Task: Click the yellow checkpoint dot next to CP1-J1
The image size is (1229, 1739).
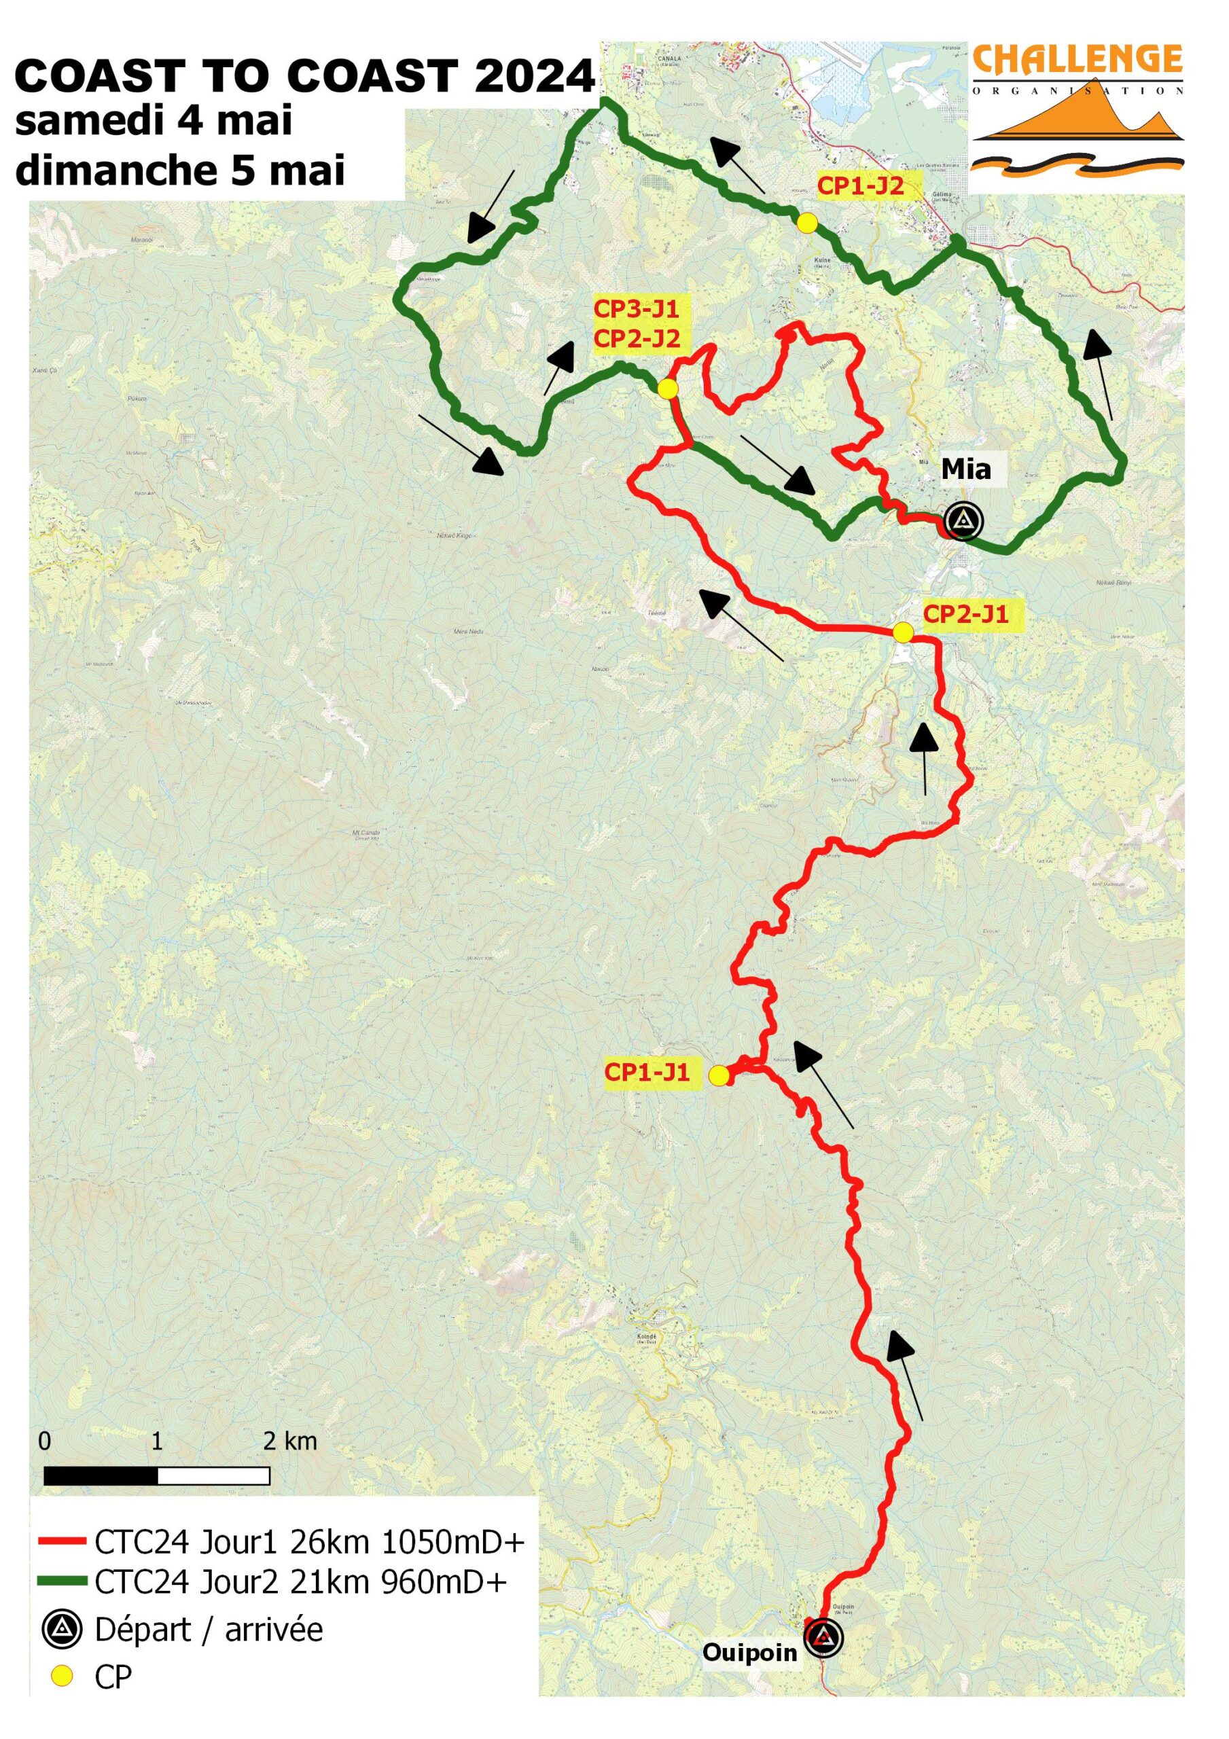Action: (x=718, y=1075)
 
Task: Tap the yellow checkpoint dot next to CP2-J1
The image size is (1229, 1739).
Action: (x=902, y=632)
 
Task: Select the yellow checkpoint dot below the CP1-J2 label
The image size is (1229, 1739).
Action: (x=807, y=223)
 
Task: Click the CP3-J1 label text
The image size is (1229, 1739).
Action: (x=636, y=309)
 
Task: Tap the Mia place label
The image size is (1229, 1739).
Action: (x=965, y=469)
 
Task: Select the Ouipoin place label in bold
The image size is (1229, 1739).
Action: (x=749, y=1652)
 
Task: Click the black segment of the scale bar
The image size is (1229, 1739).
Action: (x=101, y=1475)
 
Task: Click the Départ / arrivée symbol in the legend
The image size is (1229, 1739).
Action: (x=61, y=1629)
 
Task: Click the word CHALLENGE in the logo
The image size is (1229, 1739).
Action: (x=1077, y=59)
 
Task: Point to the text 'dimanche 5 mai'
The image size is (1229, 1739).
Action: (x=179, y=170)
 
